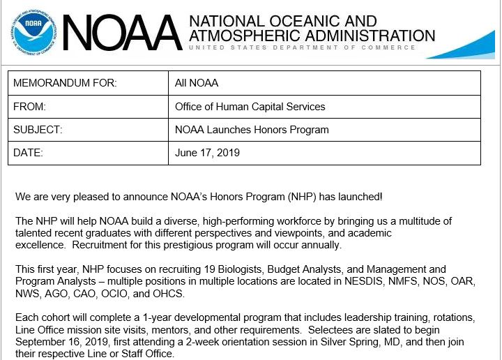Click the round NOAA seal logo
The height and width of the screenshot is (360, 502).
pos(32,31)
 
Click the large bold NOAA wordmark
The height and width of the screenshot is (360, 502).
pos(123,33)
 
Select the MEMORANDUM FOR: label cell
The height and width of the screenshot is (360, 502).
pos(65,83)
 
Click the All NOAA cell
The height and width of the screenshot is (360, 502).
pos(197,83)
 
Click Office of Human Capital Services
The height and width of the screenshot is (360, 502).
pos(250,107)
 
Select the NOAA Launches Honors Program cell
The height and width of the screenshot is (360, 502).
pos(252,130)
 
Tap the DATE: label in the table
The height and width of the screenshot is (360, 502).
pos(28,153)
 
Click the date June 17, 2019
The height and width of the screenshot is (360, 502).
pos(207,153)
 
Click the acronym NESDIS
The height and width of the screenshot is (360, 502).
pos(363,281)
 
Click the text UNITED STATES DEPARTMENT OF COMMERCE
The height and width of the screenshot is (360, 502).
pos(303,48)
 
